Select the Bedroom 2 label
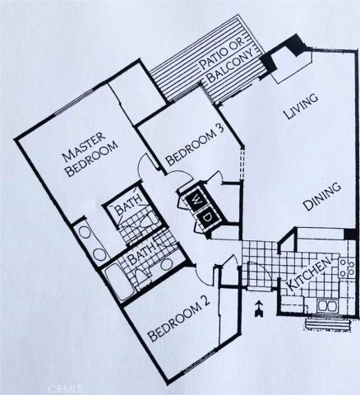pyautogui.click(x=180, y=322)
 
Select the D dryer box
pyautogui.click(x=207, y=216)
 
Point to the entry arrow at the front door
pyautogui.click(x=260, y=309)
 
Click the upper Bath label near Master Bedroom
pyautogui.click(x=127, y=209)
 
